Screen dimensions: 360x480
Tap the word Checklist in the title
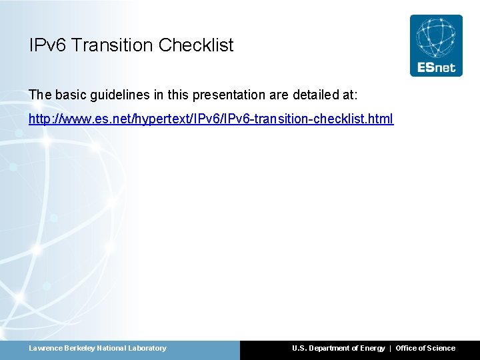(x=196, y=45)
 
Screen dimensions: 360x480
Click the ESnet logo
(x=435, y=45)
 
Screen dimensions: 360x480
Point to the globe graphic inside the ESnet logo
(x=435, y=37)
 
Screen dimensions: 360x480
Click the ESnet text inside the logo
(x=435, y=67)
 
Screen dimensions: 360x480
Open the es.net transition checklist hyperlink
(x=211, y=119)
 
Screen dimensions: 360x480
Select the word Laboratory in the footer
(x=146, y=348)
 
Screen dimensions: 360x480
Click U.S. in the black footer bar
(x=299, y=348)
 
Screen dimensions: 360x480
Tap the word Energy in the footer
(x=372, y=348)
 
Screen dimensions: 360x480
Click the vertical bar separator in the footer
(x=391, y=348)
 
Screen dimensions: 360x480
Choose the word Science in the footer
(x=441, y=348)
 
